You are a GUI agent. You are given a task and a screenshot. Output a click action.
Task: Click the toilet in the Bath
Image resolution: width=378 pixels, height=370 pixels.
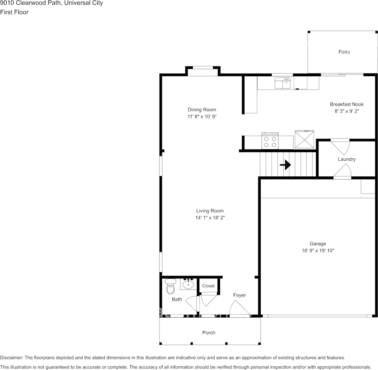[x=170, y=287]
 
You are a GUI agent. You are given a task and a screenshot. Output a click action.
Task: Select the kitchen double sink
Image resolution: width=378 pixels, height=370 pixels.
[x=283, y=83]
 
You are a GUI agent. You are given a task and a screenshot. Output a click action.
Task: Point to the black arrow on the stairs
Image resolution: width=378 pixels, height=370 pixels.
[x=285, y=165]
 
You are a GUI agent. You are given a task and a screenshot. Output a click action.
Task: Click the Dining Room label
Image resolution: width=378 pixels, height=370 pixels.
[x=202, y=110]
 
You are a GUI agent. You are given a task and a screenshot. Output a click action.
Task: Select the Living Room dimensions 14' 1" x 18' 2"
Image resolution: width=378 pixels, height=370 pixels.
[x=210, y=218]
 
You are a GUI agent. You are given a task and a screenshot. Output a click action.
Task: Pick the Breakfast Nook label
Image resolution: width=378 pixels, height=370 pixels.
[x=347, y=104]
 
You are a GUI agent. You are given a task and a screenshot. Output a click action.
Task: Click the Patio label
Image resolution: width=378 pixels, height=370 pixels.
[x=344, y=52]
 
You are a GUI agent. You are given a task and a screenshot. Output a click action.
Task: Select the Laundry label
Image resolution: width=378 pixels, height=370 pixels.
[x=347, y=160]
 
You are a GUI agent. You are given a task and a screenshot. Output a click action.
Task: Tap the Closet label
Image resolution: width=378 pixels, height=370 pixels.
[x=208, y=286]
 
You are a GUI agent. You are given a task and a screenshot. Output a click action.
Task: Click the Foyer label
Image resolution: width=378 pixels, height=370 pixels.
[x=240, y=295]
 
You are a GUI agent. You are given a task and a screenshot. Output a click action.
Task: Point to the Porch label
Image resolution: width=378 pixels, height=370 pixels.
[x=209, y=333]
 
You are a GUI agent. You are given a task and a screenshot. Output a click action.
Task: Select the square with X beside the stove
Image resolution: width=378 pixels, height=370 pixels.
[x=304, y=140]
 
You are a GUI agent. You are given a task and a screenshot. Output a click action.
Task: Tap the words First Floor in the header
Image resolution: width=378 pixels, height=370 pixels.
[x=14, y=12]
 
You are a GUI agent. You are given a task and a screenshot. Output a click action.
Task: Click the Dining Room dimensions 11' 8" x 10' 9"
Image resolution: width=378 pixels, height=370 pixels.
[x=202, y=117]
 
